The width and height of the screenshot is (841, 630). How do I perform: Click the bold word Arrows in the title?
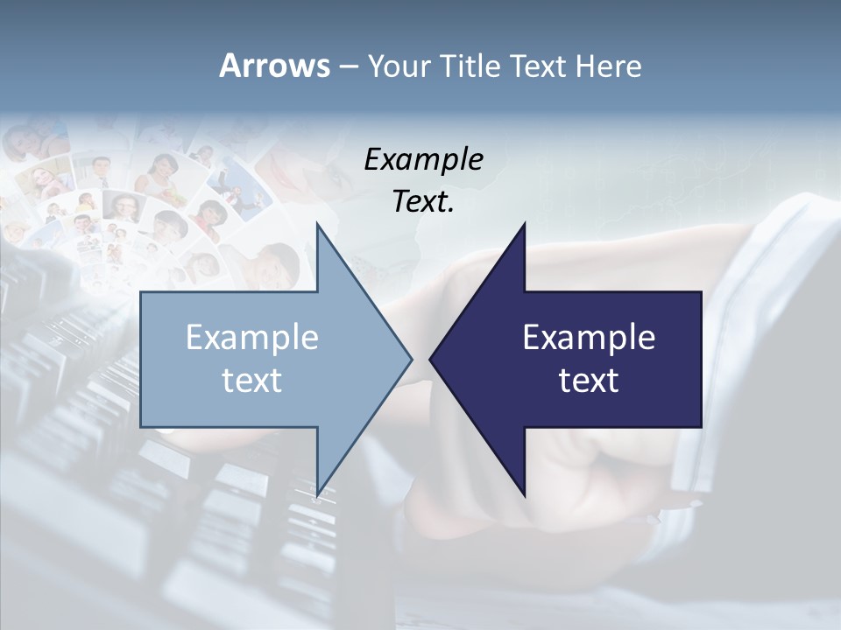pyautogui.click(x=274, y=66)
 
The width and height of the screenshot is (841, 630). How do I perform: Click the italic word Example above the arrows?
pyautogui.click(x=423, y=159)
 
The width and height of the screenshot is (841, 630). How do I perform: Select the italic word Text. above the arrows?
pyautogui.click(x=423, y=202)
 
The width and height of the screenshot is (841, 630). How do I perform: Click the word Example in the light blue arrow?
pyautogui.click(x=251, y=337)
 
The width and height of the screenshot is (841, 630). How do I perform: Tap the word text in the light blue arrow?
pyautogui.click(x=251, y=380)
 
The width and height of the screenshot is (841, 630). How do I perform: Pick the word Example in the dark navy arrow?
pyautogui.click(x=589, y=337)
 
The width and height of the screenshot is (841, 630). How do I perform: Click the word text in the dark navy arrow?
pyautogui.click(x=589, y=380)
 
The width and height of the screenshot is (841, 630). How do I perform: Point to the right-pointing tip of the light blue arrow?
pyautogui.click(x=410, y=359)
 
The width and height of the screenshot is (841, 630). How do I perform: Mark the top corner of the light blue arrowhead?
pyautogui.click(x=317, y=225)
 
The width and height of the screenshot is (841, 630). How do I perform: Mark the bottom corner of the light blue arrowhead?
pyautogui.click(x=317, y=494)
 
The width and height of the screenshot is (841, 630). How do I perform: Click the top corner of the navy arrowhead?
pyautogui.click(x=524, y=225)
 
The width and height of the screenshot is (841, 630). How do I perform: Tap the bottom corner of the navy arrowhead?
pyautogui.click(x=524, y=494)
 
